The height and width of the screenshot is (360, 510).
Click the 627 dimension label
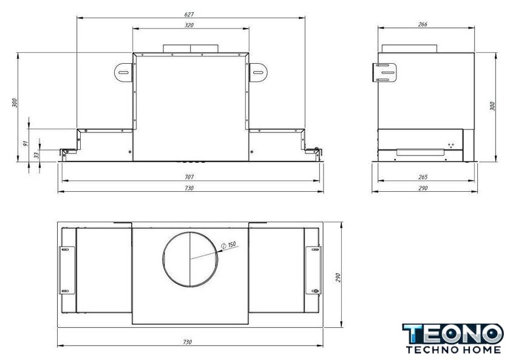[189, 15]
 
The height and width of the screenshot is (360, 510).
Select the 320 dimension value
[189, 25]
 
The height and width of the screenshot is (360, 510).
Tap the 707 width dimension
[189, 177]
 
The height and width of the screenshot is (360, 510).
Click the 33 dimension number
[37, 155]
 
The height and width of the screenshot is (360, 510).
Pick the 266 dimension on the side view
[423, 24]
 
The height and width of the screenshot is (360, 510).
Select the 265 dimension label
[423, 177]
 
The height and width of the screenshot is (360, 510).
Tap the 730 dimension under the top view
[188, 342]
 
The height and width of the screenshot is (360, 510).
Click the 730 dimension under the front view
[189, 188]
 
